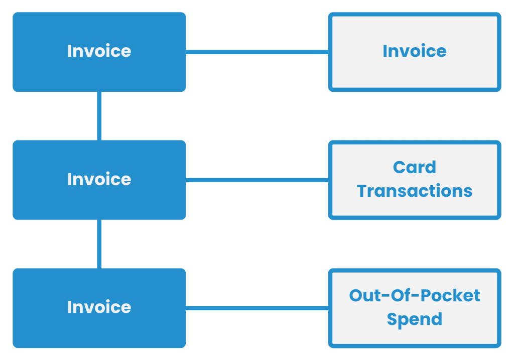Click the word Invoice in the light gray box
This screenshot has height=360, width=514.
[x=414, y=51]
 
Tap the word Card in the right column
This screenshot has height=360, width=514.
[x=414, y=167]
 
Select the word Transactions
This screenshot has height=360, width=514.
[x=414, y=191]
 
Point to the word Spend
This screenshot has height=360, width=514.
[x=414, y=319]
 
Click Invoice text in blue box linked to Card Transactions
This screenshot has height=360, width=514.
[x=99, y=179]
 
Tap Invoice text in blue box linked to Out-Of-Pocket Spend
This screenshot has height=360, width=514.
[x=99, y=307]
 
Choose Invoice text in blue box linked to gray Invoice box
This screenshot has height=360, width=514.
[x=99, y=51]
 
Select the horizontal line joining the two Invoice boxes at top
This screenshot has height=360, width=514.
[x=257, y=51]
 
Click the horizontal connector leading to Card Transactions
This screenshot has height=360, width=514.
[x=257, y=179]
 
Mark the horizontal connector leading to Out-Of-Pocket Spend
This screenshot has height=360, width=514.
[x=257, y=307]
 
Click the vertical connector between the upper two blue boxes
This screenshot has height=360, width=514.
[x=99, y=115]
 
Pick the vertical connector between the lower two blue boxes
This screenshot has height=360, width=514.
[x=99, y=244]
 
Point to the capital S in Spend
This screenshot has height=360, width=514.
[x=393, y=319]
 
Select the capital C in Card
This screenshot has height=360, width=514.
[x=400, y=167]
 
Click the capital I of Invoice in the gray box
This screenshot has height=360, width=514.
[x=385, y=51]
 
